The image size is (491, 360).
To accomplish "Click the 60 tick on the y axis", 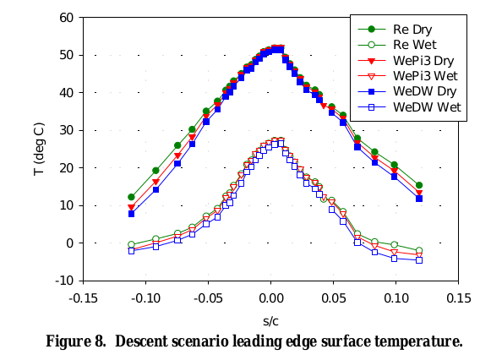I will (67, 18).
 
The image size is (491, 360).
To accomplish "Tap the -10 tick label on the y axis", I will (64, 281).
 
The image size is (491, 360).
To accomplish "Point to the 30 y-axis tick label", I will (67, 130).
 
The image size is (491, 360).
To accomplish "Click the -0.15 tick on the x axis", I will (83, 297).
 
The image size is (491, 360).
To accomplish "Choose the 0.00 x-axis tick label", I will (271, 297).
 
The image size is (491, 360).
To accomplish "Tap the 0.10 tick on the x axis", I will (396, 297).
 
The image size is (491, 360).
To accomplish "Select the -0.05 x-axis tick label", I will (208, 297).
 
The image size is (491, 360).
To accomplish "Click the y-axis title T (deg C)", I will (41, 149).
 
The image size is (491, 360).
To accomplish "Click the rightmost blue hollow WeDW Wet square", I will (419, 259).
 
